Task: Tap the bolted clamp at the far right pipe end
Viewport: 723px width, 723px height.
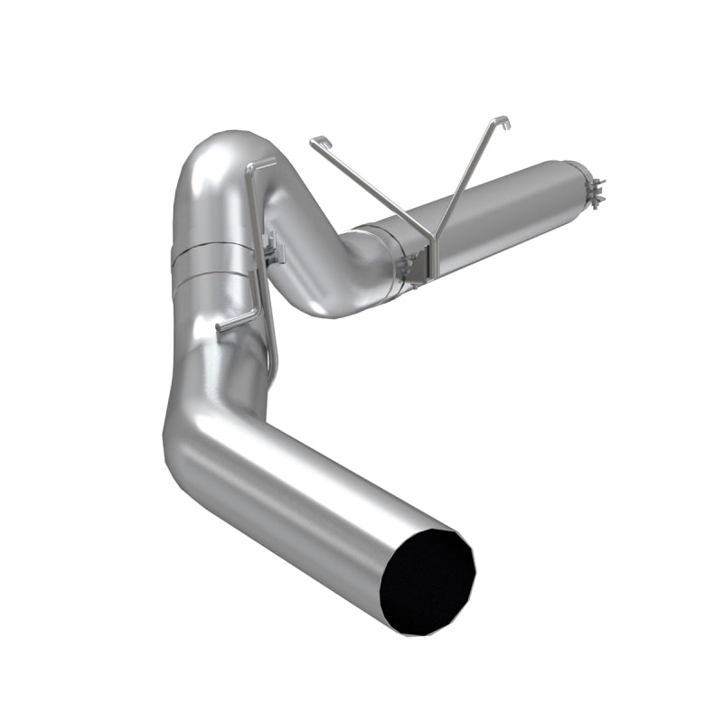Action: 596,189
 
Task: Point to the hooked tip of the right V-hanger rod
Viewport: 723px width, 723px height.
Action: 503,120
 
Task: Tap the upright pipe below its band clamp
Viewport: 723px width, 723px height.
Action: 217,343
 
